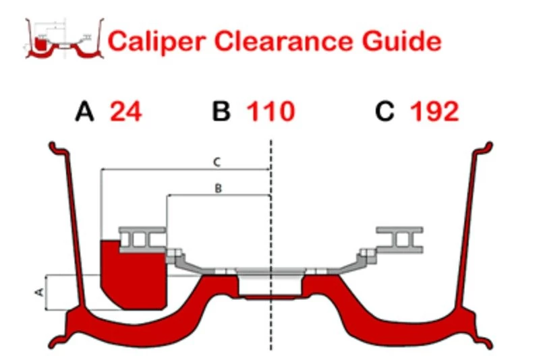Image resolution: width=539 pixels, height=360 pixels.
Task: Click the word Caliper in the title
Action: click(x=152, y=41)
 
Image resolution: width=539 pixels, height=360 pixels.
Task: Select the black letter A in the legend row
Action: click(x=84, y=112)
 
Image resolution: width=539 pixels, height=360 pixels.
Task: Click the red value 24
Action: click(x=126, y=112)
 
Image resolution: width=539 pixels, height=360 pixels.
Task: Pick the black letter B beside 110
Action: click(x=221, y=112)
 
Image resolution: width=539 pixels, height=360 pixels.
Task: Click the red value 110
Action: click(x=271, y=112)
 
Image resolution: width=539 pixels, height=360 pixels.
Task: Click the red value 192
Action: click(x=434, y=112)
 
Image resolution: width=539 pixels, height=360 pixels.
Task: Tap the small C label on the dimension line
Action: click(x=216, y=162)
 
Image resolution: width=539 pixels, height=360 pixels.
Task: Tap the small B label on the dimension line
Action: click(x=217, y=189)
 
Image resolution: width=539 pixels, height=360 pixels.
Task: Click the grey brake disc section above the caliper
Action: click(x=142, y=239)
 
